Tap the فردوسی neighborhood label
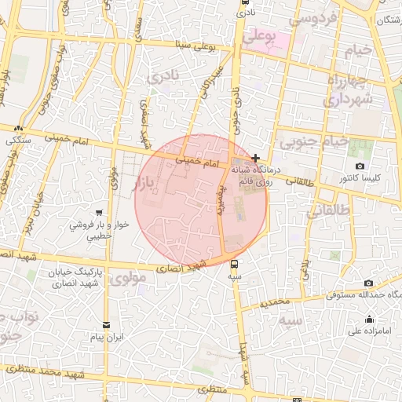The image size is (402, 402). click(313, 16)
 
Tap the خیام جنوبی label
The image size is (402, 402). click(312, 142)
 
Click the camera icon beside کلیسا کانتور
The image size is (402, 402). click(360, 166)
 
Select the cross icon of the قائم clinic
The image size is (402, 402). click(256, 158)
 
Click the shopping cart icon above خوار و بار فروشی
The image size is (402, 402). click(99, 213)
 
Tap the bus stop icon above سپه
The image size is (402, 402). click(234, 264)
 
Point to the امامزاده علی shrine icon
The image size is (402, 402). click(370, 319)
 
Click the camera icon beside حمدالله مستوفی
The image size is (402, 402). click(368, 283)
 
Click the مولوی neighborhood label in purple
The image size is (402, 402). click(127, 278)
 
